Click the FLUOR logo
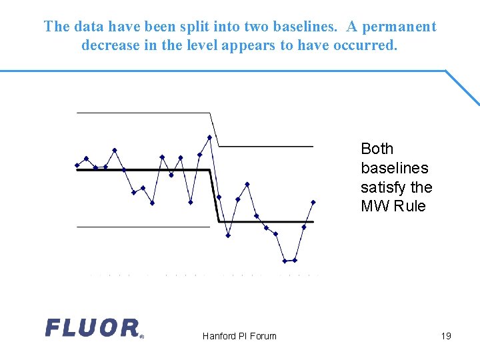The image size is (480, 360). click(93, 328)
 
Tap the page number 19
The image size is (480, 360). click(446, 335)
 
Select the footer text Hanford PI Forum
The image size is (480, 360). click(239, 336)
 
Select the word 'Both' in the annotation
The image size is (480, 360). click(377, 149)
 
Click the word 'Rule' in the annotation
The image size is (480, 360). click(409, 206)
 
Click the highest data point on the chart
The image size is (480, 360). click(209, 137)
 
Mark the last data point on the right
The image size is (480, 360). click(313, 202)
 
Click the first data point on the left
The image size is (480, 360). click(77, 165)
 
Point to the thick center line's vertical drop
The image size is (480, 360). click(215, 196)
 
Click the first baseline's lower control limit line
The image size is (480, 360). click(143, 227)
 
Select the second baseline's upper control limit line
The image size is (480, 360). click(267, 145)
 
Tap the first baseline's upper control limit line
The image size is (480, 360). click(143, 113)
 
